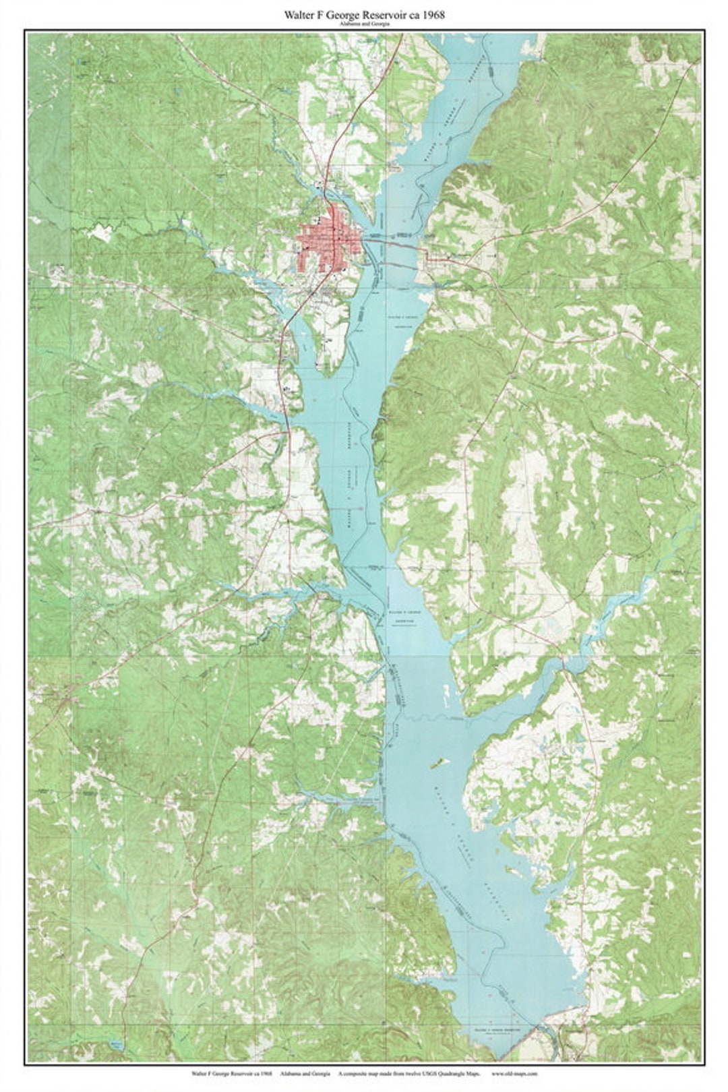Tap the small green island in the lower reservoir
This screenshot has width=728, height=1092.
coord(438,763)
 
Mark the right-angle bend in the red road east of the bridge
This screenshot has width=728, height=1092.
coord(426,253)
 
